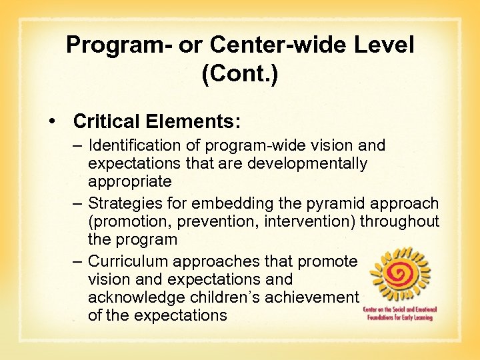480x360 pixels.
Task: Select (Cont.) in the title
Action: coord(239,73)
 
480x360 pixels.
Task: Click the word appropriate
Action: coord(129,181)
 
